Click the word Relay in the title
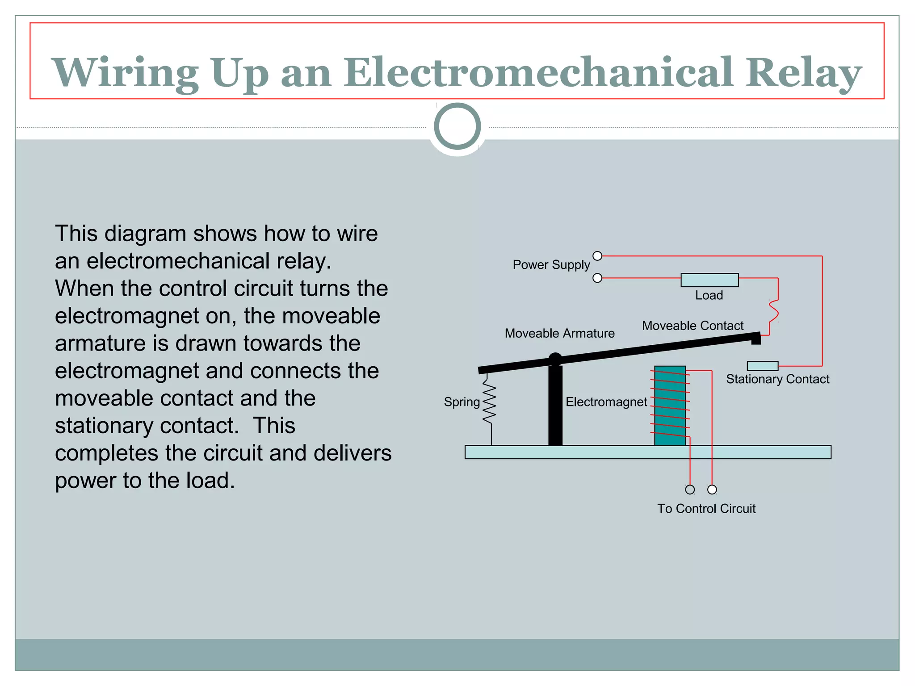coord(803,72)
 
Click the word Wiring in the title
coord(126,72)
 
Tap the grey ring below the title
coord(457,126)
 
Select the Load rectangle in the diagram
coord(709,280)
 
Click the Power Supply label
coord(551,265)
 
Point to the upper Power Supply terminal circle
coord(597,256)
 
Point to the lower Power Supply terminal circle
coord(597,278)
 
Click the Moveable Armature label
coord(559,333)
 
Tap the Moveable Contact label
coord(693,326)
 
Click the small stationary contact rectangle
coord(762,366)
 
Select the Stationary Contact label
coord(777,379)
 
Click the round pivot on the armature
coord(555,360)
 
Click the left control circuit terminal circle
coord(690,489)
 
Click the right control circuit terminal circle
coord(712,489)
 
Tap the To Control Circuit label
coord(706,509)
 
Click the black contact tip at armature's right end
coord(756,339)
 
